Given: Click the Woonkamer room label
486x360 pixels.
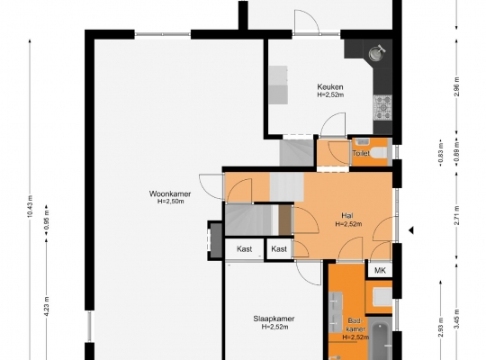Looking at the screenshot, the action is click(x=170, y=194).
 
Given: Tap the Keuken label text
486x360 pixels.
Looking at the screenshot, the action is click(x=330, y=86).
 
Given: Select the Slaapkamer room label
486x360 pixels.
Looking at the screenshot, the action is click(x=274, y=319).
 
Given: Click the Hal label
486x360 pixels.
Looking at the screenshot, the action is click(x=347, y=215).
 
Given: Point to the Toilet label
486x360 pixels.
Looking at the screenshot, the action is click(x=361, y=153).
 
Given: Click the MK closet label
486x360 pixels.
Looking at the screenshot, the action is click(x=380, y=270).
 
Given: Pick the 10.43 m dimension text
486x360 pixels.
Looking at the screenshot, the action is click(x=30, y=207).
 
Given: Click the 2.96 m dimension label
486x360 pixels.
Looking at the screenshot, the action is click(x=457, y=86).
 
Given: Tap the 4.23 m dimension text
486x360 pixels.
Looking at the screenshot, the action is click(x=47, y=306).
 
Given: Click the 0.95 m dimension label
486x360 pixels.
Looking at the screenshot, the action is click(x=47, y=220).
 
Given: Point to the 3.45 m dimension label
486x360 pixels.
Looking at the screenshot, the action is click(x=457, y=319).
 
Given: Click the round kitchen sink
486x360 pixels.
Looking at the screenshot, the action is click(x=376, y=53).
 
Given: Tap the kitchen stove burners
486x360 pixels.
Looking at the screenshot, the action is click(x=383, y=108).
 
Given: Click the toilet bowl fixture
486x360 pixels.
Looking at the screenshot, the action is click(x=380, y=153).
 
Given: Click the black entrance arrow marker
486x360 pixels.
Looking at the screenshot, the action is click(x=410, y=230).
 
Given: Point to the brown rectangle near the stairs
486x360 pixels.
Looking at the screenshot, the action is click(x=285, y=220).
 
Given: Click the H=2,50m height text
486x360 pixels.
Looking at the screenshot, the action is click(x=170, y=202).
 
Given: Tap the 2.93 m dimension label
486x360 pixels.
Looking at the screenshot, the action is click(x=441, y=327).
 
